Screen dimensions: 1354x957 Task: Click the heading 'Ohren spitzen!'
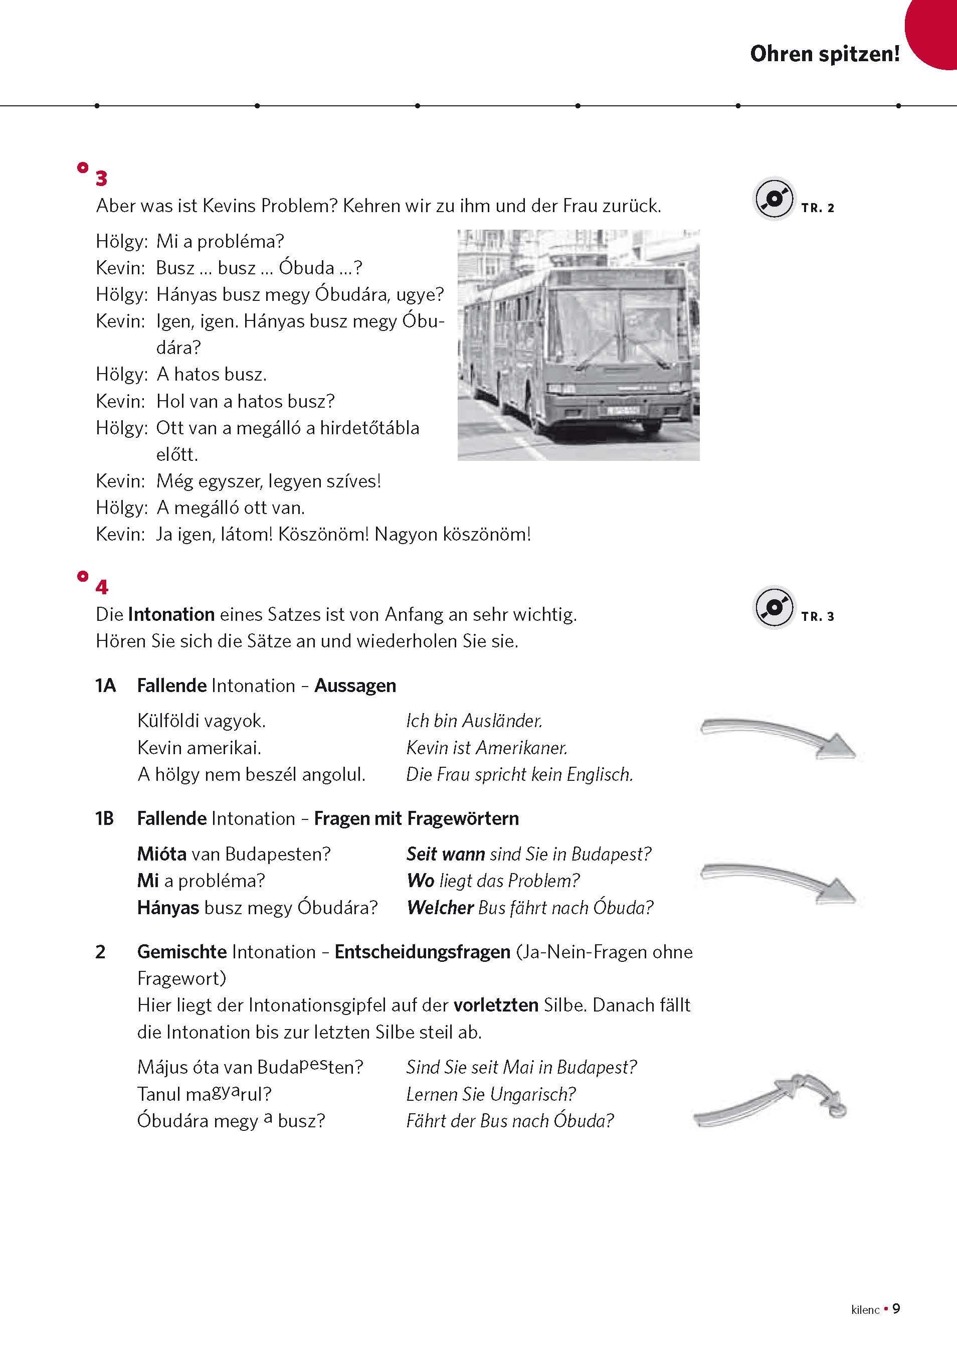point(824,54)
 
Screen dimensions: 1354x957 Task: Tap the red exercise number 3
point(101,178)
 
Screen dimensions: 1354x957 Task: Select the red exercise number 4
point(101,587)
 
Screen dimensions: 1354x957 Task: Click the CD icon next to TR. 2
point(774,199)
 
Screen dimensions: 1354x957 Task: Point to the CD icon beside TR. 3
point(774,608)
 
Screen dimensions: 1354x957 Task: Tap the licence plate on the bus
point(623,410)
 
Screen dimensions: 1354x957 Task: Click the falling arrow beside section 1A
point(777,738)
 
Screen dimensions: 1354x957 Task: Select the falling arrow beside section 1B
point(777,882)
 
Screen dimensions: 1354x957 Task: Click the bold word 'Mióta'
point(161,854)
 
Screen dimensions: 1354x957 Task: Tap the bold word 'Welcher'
point(440,908)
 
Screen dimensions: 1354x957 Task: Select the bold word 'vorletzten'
point(495,1005)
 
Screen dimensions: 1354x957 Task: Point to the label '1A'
point(106,686)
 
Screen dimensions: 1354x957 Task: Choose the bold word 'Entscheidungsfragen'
point(422,952)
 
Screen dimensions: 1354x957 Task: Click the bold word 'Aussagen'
point(355,686)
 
